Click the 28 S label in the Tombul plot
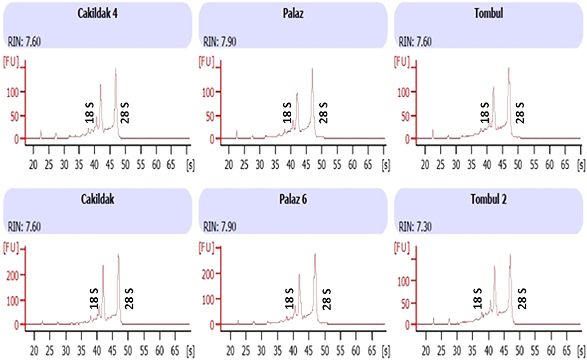(x=519, y=112)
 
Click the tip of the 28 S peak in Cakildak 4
(x=116, y=68)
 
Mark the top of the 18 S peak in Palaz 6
(x=299, y=275)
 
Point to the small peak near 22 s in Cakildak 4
(x=41, y=131)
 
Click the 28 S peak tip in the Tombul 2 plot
(x=510, y=255)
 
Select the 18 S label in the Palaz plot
(x=288, y=112)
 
